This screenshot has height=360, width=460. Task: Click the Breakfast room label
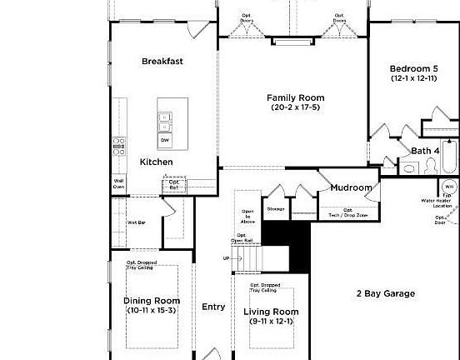162,61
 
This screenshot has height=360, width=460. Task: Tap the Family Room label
294,97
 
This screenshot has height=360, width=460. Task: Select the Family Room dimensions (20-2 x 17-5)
294,107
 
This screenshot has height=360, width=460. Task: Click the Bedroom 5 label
413,68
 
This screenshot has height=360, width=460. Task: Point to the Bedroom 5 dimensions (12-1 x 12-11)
413,78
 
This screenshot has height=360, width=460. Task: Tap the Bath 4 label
425,151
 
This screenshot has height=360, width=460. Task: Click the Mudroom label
351,187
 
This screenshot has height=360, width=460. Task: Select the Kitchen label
156,162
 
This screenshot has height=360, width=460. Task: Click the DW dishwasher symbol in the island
165,140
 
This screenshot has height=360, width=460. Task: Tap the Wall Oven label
118,183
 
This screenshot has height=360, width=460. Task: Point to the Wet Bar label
137,222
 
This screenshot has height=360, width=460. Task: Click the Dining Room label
152,301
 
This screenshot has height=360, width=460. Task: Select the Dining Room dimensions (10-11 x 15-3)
152,311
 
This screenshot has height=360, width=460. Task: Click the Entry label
213,307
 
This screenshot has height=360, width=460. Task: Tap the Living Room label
271,312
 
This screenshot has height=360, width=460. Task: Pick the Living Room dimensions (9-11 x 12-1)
271,322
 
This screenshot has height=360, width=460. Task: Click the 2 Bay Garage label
386,293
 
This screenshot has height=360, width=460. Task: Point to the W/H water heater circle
448,187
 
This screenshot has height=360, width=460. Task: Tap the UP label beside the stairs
226,258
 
